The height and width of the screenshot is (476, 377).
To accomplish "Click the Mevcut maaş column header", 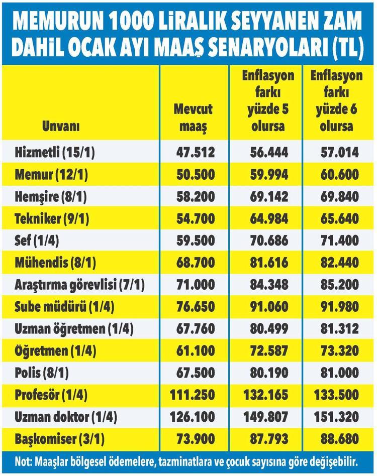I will point(194,117).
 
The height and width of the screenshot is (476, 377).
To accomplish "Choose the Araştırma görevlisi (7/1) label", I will point(80,285).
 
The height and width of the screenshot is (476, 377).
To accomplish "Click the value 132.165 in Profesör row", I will point(266,395).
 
